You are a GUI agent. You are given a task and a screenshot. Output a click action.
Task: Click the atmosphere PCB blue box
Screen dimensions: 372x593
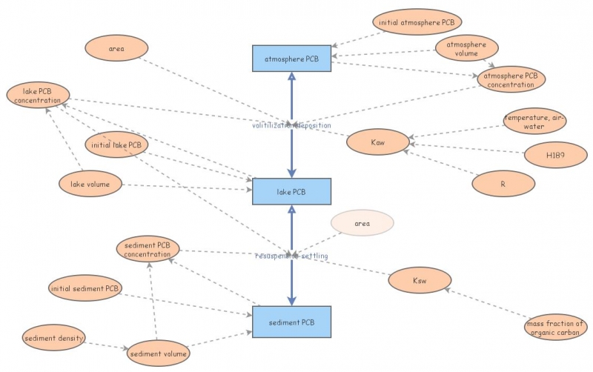[x=291, y=58]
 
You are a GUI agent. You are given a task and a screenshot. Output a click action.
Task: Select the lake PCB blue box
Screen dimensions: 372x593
[x=291, y=191]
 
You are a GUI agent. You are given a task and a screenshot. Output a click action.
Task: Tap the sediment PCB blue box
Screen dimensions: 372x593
[x=291, y=322]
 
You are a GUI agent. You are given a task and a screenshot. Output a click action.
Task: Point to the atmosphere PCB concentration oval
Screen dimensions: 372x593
[x=510, y=79]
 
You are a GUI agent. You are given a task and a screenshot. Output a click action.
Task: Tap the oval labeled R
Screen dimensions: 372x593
[x=503, y=182]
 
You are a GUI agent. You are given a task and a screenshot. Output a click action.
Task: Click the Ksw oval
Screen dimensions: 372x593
[x=420, y=282]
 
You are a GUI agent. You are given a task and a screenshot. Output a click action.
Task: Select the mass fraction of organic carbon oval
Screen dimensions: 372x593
[x=555, y=328]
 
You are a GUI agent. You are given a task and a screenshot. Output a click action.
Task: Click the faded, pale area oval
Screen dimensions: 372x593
[x=362, y=222]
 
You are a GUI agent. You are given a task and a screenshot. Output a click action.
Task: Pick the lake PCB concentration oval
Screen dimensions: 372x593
[x=38, y=96]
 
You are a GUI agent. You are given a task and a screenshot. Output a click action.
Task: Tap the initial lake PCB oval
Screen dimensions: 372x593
[x=117, y=145]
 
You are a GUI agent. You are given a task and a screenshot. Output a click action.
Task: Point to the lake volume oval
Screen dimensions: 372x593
[x=90, y=185]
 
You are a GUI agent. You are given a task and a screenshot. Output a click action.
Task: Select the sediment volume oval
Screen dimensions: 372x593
[x=158, y=353]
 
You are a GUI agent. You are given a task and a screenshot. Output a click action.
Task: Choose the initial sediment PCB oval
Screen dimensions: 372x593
[x=85, y=288]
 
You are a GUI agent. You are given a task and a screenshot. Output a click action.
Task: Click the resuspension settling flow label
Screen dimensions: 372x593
[x=291, y=256]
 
